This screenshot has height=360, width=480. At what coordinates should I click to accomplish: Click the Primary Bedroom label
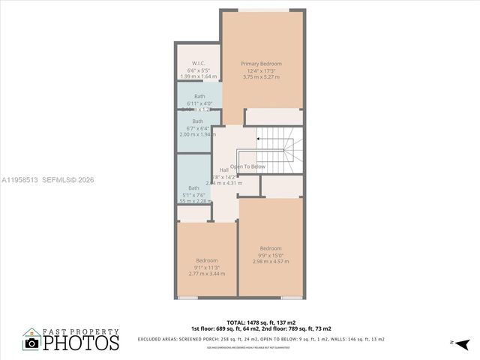pyautogui.click(x=260, y=64)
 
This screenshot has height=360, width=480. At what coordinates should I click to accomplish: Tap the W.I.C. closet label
pyautogui.click(x=198, y=63)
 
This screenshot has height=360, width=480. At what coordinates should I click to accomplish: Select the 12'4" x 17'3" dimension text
pyautogui.click(x=260, y=70)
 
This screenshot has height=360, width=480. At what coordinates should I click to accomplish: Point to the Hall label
pyautogui.click(x=223, y=170)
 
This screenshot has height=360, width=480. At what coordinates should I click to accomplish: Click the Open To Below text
pyautogui.click(x=247, y=166)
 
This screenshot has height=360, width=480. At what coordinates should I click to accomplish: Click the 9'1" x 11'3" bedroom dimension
pyautogui.click(x=206, y=268)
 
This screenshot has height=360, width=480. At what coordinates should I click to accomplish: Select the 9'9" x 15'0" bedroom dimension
pyautogui.click(x=271, y=255)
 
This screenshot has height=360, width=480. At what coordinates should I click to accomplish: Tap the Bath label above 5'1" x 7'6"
pyautogui.click(x=194, y=187)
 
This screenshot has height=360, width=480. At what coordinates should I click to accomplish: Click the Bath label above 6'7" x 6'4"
pyautogui.click(x=197, y=121)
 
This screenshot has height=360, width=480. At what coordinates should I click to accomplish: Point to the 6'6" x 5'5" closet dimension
pyautogui.click(x=198, y=70)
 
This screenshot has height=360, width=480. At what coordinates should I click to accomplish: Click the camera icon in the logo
pyautogui.click(x=31, y=343)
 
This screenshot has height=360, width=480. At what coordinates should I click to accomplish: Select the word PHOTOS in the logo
pyautogui.click(x=81, y=343)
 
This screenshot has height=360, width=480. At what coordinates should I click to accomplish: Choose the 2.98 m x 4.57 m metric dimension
pyautogui.click(x=271, y=262)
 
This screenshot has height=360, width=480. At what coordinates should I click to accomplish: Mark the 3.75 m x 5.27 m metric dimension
pyautogui.click(x=260, y=77)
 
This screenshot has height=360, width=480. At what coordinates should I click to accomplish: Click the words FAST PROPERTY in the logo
pyautogui.click(x=81, y=331)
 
